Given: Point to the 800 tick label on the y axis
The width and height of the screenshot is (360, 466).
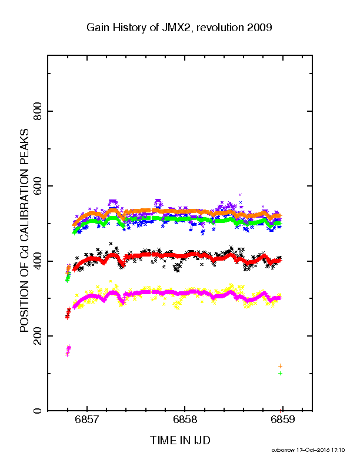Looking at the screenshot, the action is (x=38, y=111).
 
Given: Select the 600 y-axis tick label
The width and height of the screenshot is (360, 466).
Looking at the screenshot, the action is (x=38, y=186).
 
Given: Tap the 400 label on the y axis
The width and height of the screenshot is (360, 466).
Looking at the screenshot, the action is (x=38, y=261).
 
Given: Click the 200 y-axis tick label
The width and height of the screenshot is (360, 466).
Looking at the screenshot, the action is (x=38, y=336).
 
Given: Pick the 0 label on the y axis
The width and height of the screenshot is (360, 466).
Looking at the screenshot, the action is (x=38, y=411).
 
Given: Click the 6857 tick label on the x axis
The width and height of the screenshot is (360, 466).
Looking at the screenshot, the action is (x=86, y=420).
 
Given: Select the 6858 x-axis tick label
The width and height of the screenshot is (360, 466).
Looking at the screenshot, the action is (x=185, y=420).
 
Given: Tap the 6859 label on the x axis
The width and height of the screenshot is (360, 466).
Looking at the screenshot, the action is (x=282, y=420).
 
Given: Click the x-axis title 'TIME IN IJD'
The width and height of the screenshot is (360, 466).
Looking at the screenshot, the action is (x=180, y=440).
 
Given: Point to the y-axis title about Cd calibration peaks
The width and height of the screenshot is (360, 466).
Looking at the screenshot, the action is (x=24, y=230).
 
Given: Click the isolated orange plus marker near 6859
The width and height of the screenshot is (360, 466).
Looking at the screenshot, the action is (x=280, y=366).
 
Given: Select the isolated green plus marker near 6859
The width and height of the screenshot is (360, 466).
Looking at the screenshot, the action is (x=280, y=373).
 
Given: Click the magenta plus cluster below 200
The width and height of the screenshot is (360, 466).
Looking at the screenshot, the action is (x=68, y=351).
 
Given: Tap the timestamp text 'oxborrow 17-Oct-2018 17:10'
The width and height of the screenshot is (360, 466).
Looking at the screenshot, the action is (x=308, y=450).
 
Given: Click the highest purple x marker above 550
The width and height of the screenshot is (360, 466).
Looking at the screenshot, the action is (x=241, y=195).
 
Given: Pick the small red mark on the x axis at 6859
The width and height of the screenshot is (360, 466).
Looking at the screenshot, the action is (x=280, y=410).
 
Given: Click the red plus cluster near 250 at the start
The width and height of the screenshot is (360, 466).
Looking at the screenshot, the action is (x=68, y=314).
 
